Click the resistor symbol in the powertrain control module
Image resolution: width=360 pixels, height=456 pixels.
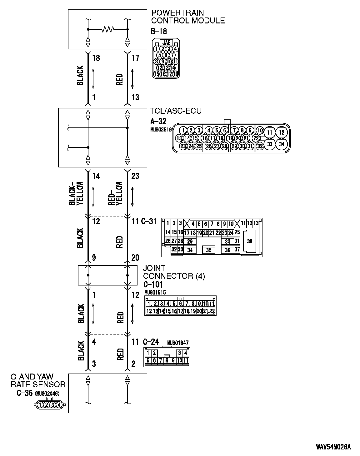[x=108, y=29]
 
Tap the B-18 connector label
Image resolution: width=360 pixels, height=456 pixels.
[x=159, y=31]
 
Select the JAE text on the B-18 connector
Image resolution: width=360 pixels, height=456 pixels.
[x=166, y=42]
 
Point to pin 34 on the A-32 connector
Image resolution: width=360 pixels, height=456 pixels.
[x=282, y=144]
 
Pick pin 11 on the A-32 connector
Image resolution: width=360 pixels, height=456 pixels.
[x=270, y=132]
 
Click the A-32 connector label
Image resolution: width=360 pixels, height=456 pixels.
[x=158, y=121]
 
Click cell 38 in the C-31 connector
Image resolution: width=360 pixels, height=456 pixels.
[x=250, y=241]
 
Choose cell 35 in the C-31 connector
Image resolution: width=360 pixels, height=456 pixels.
[x=209, y=250]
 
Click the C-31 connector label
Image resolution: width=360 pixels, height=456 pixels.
[x=148, y=222]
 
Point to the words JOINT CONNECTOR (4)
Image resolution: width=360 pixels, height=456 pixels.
[x=174, y=272]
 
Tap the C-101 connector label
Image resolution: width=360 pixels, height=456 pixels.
[x=153, y=285]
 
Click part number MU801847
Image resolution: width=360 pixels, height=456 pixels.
[x=178, y=343]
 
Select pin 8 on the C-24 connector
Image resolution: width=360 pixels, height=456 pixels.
[x=167, y=360]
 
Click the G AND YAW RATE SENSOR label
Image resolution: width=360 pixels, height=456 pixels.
[x=38, y=380]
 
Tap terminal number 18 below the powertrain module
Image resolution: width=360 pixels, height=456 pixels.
[x=96, y=58]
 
